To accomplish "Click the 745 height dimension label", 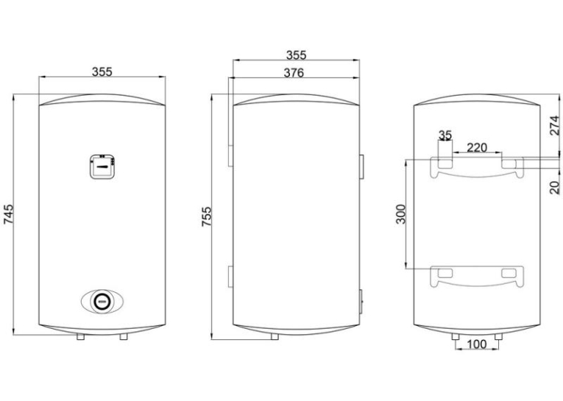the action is (8, 214).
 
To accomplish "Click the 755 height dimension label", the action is (207, 216).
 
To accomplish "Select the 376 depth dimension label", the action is (294, 73).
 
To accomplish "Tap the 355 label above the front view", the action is (102, 72).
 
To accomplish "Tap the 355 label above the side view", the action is (297, 55).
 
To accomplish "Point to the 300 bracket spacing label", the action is (400, 214).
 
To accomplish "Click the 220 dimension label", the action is (477, 147).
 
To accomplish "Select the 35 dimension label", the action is (445, 135).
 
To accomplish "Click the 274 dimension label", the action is (555, 125).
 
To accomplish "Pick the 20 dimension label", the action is (555, 188).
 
